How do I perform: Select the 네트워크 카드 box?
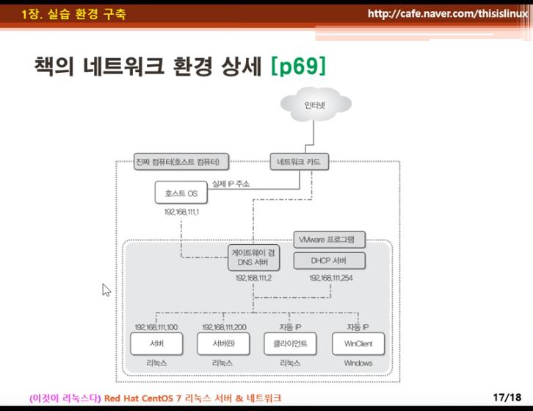tap(299, 161)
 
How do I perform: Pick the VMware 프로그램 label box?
tap(329, 240)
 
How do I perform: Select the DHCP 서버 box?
tap(328, 261)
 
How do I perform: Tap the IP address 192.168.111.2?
tap(254, 279)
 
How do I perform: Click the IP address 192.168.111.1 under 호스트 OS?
tap(181, 211)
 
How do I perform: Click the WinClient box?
tap(358, 343)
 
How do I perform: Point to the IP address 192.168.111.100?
tap(156, 326)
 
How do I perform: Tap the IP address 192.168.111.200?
tap(224, 326)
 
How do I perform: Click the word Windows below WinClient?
tap(358, 363)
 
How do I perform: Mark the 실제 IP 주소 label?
tap(231, 184)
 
